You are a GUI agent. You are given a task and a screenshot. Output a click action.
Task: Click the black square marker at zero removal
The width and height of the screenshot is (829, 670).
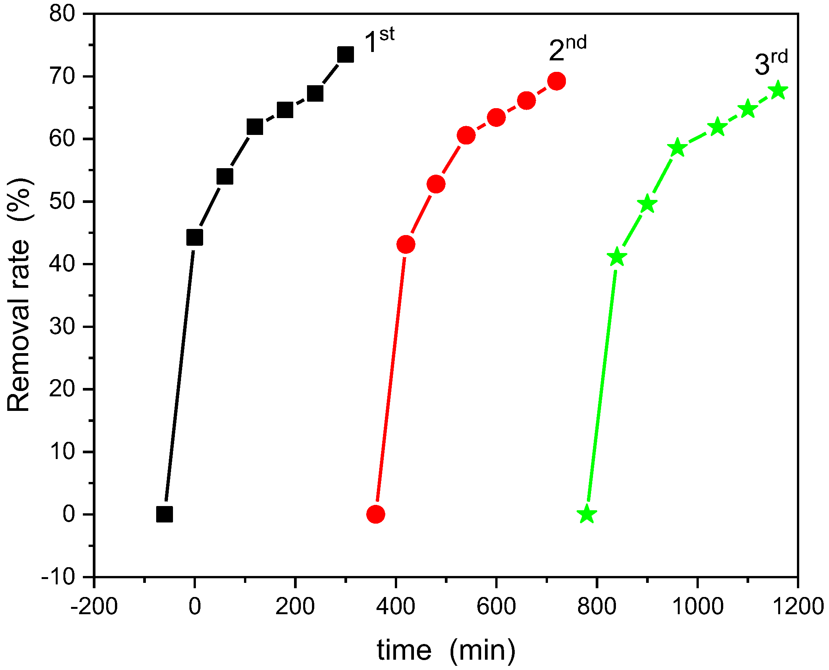(165, 514)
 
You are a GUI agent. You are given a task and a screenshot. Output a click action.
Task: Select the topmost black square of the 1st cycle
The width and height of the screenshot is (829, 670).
(346, 55)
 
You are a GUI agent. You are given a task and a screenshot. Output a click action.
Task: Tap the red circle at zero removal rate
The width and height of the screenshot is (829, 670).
(376, 514)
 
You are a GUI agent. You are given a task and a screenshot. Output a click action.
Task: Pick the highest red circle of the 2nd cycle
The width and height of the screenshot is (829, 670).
(556, 81)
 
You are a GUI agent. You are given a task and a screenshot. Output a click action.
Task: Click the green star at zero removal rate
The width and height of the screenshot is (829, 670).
(587, 514)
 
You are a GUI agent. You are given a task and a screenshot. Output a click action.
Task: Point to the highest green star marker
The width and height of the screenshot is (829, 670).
(778, 91)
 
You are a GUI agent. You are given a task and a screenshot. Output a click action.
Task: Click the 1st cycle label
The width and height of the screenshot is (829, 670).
(379, 41)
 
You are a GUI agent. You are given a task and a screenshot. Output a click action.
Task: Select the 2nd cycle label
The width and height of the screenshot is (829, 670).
(567, 49)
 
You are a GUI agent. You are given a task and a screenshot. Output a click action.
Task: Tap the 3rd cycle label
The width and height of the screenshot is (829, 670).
(771, 63)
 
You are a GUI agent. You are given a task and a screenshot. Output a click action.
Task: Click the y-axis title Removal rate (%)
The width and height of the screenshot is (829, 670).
(19, 295)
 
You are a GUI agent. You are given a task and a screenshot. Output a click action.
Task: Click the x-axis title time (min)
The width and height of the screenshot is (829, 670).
(446, 651)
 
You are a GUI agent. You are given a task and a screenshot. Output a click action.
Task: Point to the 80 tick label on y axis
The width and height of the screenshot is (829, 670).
(62, 14)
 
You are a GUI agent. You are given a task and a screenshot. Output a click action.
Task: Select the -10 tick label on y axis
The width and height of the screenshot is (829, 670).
(58, 578)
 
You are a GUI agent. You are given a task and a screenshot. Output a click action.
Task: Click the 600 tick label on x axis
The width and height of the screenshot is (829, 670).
(496, 606)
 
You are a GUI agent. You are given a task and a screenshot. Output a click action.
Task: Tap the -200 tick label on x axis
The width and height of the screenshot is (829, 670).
(94, 606)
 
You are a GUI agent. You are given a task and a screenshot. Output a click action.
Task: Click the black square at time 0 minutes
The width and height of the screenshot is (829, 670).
(195, 237)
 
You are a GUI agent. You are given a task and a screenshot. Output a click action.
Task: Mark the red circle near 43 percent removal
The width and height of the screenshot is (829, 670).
(406, 244)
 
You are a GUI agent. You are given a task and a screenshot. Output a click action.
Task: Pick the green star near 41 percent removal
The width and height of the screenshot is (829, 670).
(617, 257)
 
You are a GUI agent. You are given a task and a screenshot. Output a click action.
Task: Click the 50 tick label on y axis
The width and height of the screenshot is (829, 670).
(62, 202)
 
